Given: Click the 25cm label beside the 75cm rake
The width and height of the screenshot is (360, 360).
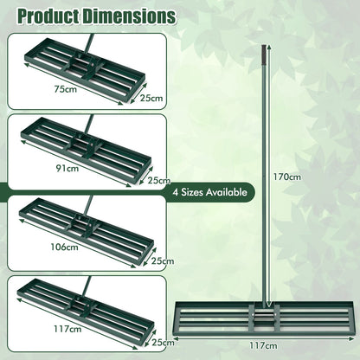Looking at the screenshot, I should point(151,99).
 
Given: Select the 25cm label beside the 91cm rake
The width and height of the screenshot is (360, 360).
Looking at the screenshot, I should point(159,180).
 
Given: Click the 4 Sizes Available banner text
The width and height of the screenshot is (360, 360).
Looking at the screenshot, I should point(210,192).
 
